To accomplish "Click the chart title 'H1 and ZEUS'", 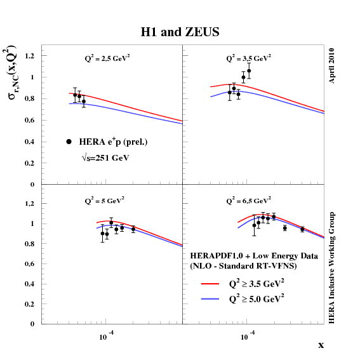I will (x=180, y=32).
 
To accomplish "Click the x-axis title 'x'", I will (x=321, y=345).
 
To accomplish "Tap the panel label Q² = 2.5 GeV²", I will (x=108, y=58).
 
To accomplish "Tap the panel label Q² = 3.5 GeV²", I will (x=249, y=58).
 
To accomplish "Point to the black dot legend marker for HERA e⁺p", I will (x=69, y=142).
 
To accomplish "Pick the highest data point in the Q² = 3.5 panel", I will (x=249, y=70).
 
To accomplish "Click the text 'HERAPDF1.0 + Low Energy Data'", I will (x=244, y=255).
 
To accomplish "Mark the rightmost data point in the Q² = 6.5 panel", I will (x=302, y=229).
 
